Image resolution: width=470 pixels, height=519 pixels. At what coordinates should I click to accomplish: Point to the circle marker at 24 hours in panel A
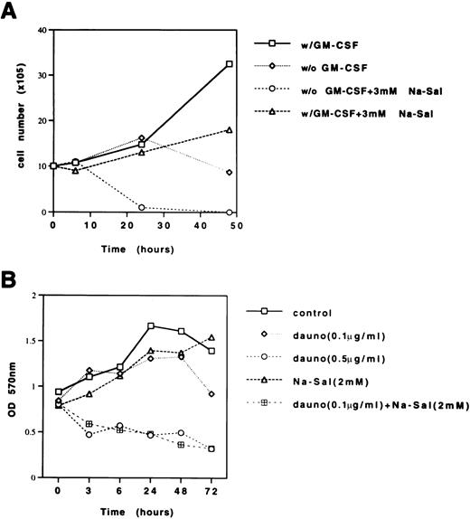[x=142, y=207]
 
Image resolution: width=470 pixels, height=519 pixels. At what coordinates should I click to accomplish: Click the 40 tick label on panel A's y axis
[x=40, y=31]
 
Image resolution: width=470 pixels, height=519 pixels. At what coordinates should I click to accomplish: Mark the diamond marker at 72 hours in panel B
[x=211, y=394]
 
